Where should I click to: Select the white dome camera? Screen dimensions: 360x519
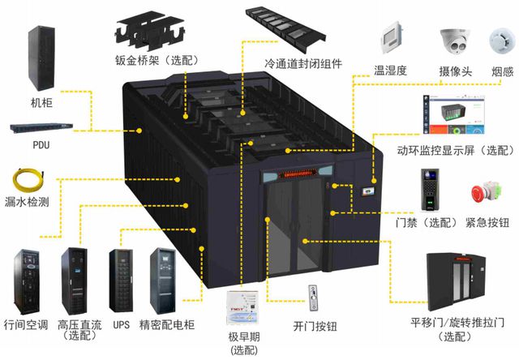click(x=455, y=41)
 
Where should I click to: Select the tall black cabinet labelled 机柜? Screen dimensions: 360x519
click(x=41, y=58)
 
